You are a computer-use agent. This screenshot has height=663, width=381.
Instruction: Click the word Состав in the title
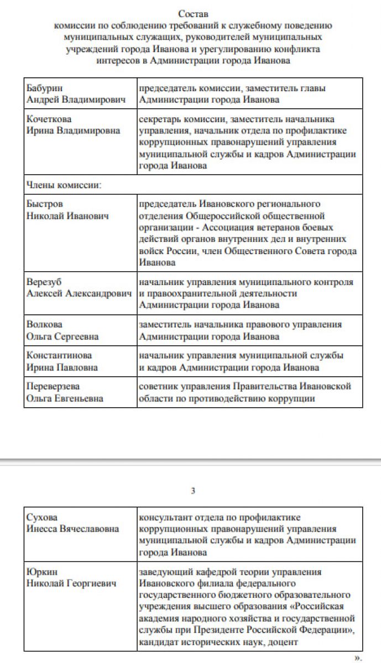194,13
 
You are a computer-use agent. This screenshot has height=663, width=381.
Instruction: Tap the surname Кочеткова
49,119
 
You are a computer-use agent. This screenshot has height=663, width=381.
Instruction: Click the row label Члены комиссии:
64,185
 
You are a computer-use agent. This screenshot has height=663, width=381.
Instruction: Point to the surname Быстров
45,204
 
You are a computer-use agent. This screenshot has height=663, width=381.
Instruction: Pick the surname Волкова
44,325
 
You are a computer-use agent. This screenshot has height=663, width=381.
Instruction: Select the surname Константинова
59,355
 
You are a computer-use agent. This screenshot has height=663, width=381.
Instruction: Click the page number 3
193,491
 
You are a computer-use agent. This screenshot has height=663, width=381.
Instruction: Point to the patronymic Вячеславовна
89,529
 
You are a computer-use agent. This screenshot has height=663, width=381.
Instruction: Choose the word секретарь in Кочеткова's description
160,119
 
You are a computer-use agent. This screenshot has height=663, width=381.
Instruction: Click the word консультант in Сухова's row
165,517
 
